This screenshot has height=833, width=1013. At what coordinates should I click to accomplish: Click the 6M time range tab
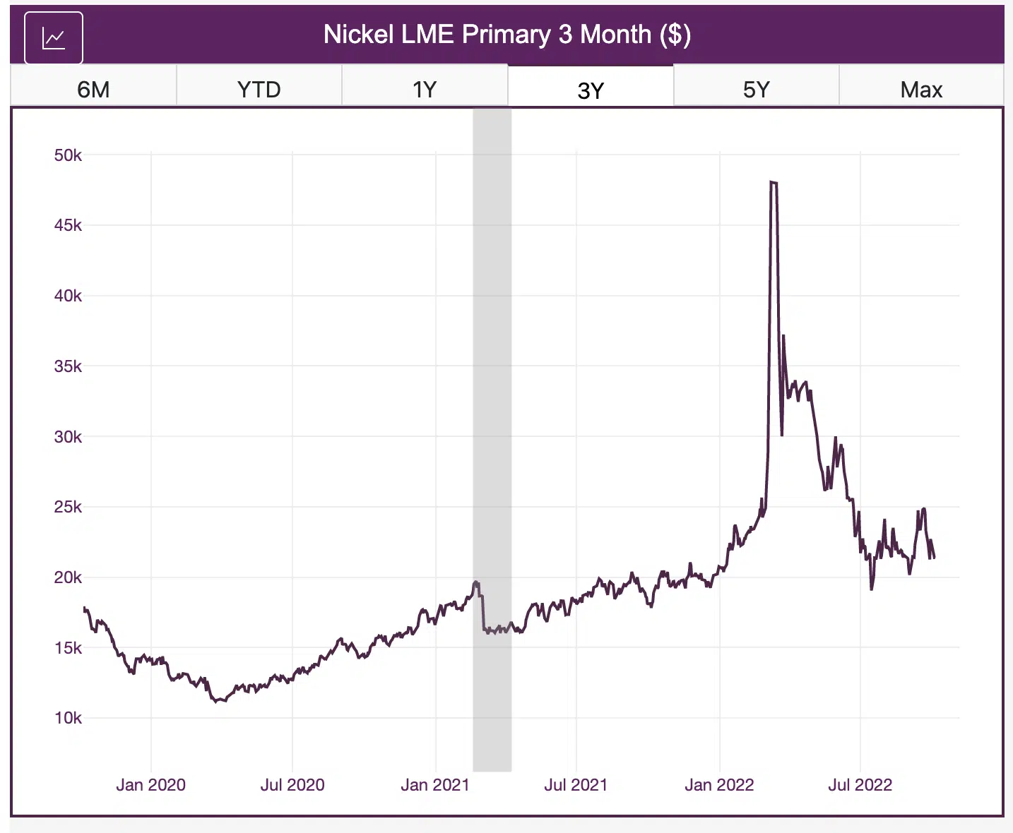[93, 90]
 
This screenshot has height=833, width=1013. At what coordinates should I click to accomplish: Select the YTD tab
[259, 90]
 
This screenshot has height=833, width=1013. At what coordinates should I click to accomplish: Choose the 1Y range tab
[425, 90]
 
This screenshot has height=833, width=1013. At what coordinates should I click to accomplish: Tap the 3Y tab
[591, 90]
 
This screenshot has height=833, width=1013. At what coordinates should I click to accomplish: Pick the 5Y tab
[756, 90]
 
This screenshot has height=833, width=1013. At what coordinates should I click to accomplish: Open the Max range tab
[921, 90]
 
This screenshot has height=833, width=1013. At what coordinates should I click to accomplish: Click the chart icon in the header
[54, 37]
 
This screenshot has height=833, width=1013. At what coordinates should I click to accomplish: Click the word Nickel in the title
[358, 35]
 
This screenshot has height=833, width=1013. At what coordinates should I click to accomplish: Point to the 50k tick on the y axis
[68, 155]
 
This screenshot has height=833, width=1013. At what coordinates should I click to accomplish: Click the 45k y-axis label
[68, 225]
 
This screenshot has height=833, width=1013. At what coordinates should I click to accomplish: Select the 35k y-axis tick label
[68, 366]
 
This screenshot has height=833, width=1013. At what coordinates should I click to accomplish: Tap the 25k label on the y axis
[68, 507]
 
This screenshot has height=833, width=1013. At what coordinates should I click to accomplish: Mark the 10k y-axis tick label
[68, 718]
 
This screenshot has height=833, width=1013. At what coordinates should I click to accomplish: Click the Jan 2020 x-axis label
[150, 785]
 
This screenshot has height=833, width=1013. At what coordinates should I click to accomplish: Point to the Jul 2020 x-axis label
[292, 785]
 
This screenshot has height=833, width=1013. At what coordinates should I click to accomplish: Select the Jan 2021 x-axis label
[435, 785]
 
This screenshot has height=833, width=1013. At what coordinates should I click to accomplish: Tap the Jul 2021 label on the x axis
[576, 785]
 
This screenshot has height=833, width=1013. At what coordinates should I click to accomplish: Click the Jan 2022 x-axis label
[719, 785]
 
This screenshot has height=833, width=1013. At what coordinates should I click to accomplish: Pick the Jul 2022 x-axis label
[860, 785]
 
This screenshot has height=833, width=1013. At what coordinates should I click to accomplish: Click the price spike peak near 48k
[774, 183]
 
